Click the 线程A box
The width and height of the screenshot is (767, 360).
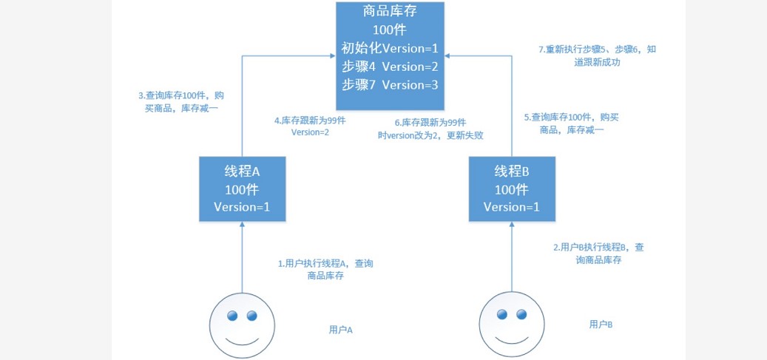coord(242,189)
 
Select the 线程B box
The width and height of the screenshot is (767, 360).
coord(511,189)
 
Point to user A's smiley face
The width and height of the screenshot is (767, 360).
coord(242,326)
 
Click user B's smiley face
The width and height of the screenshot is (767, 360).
coord(511,326)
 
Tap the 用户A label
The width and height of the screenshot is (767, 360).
coord(340,330)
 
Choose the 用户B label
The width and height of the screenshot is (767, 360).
coord(601,324)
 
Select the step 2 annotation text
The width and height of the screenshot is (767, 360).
coord(599,254)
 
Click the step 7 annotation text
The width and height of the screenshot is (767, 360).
coord(598,56)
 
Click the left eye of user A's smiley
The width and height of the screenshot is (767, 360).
coord(232,316)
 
